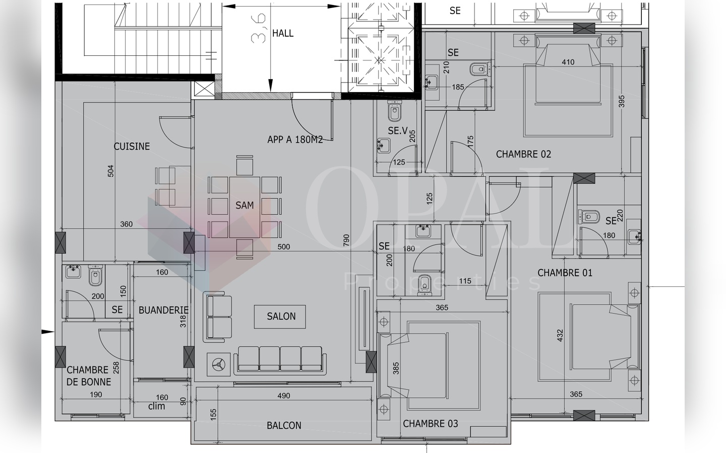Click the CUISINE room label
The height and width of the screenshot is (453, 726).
click(132, 146)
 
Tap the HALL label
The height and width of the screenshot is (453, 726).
click(283, 33)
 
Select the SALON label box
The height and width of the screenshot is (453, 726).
click(280, 317)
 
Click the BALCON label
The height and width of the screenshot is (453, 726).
click(284, 425)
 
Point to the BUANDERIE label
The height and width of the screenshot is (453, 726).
click(163, 310)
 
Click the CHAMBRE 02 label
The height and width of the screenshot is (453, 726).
click(523, 154)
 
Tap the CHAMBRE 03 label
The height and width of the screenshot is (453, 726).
click(431, 424)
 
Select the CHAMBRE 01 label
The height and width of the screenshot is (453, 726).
click(565, 273)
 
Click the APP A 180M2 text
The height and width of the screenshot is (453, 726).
click(295, 139)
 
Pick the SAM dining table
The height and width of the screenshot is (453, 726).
click(245, 207)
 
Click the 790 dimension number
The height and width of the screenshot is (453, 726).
click(346, 240)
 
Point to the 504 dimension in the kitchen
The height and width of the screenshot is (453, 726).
click(111, 171)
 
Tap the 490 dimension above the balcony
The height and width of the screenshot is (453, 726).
click(284, 396)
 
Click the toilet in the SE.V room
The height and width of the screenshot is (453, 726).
click(394, 111)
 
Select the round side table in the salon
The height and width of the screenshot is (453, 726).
click(219, 364)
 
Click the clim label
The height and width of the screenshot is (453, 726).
click(156, 406)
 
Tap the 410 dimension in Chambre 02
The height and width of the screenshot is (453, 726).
click(568, 62)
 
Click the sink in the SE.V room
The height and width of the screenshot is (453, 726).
click(384, 145)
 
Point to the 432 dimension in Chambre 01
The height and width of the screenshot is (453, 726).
click(560, 336)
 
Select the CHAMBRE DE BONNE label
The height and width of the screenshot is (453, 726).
click(89, 375)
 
